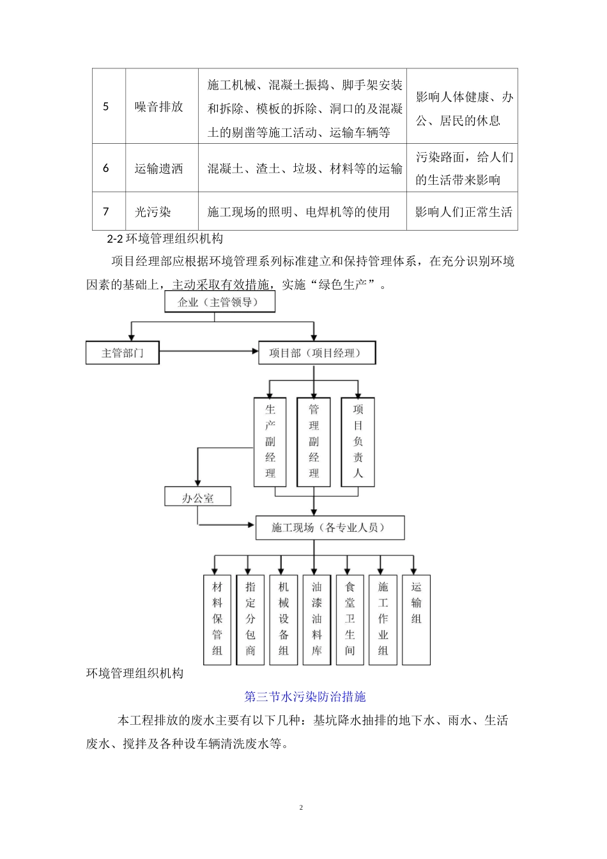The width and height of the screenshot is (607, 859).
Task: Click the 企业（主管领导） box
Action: [x=220, y=302]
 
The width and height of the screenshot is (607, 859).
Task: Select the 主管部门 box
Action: [x=123, y=353]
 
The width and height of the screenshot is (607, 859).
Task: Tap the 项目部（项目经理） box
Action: [x=317, y=353]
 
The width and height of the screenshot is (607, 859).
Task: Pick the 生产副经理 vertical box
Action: [x=270, y=442]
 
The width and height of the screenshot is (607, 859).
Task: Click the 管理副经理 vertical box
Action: [x=314, y=442]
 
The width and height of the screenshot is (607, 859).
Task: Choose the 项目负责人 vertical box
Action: [x=358, y=442]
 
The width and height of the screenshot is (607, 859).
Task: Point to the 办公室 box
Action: [x=198, y=498]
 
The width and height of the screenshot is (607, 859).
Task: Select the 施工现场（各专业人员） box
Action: [x=330, y=528]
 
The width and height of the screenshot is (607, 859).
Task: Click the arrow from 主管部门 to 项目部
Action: [x=208, y=351]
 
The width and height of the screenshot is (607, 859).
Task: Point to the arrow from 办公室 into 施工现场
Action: [x=227, y=525]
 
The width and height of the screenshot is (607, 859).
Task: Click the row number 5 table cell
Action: [x=107, y=107]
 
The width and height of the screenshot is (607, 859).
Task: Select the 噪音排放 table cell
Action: [x=159, y=107]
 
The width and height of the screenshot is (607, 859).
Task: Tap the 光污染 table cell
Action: [x=153, y=212]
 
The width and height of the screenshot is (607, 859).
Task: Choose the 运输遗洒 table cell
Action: [x=159, y=169]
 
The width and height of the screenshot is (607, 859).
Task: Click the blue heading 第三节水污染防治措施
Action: [x=305, y=697]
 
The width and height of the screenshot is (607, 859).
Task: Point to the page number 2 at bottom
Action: [x=301, y=808]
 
